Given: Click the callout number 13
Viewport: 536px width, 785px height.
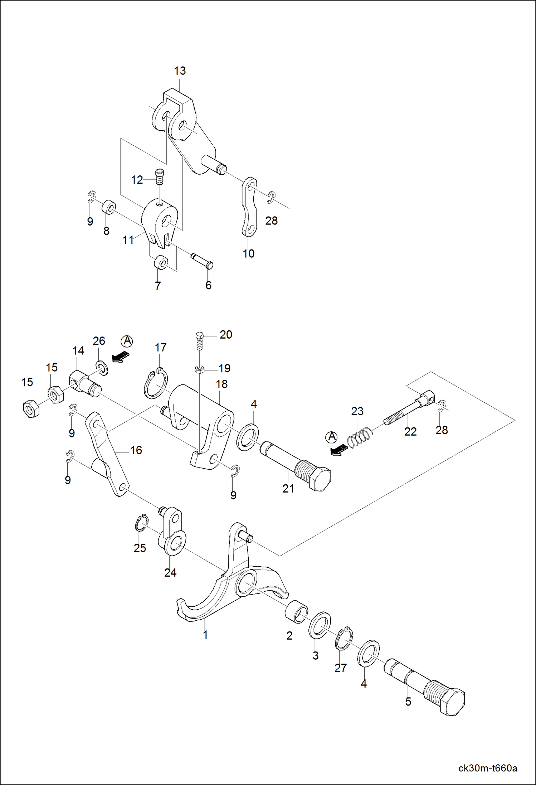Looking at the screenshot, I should [180, 71].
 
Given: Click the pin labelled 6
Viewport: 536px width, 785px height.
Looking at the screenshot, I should [202, 261].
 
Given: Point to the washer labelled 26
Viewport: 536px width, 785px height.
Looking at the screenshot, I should [102, 368].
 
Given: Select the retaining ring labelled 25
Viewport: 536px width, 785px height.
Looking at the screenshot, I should [141, 525].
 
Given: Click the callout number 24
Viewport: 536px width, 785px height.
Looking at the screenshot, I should [170, 572].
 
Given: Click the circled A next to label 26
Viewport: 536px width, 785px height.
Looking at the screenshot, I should [127, 341].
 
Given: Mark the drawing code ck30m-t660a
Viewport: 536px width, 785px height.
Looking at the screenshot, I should [487, 768].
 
